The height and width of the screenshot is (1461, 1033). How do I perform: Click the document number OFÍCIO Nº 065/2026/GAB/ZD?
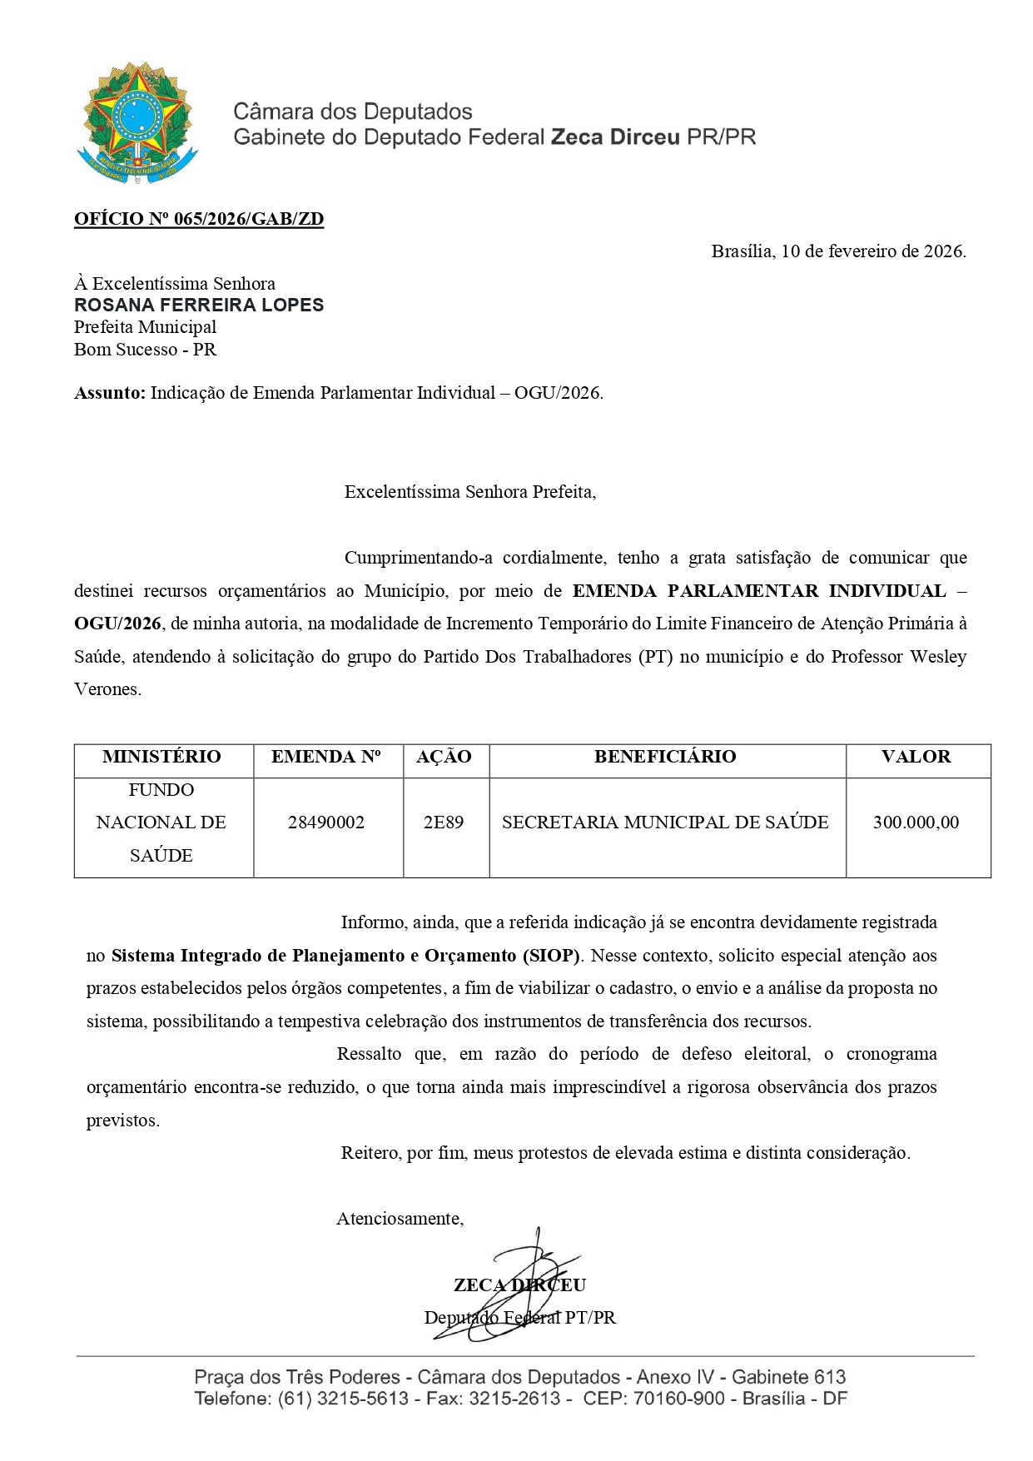[x=199, y=219]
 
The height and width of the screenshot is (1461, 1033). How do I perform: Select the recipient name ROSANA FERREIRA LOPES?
[x=199, y=305]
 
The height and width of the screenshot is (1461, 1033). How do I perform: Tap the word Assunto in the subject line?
[x=109, y=393]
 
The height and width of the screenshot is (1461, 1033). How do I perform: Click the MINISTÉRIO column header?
[x=161, y=757]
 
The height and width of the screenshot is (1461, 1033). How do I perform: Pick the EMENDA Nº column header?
[x=326, y=757]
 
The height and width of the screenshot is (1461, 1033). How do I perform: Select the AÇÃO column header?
[x=444, y=757]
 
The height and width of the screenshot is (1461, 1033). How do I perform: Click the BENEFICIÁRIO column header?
[x=665, y=757]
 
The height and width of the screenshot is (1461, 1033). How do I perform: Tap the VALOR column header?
[x=916, y=757]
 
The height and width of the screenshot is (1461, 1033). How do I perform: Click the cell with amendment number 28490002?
[x=326, y=822]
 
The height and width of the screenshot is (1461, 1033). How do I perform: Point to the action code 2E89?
[x=444, y=822]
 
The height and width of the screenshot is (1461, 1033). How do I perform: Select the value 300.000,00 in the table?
[x=916, y=822]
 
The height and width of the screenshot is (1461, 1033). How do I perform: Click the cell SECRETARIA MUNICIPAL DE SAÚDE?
[x=665, y=822]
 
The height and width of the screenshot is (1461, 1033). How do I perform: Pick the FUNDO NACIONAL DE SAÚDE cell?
[x=161, y=822]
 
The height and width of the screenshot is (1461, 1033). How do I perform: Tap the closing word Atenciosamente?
[x=400, y=1219]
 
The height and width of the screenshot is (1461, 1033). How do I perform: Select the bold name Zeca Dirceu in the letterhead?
[x=615, y=137]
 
